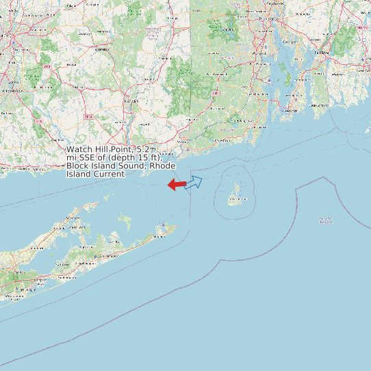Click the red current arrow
coord(177,184)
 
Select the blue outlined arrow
coord(194,182)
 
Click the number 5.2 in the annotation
coord(143,149)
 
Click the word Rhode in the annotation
coord(162,166)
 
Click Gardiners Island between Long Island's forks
coord(125,220)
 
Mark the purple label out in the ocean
coord(326,220)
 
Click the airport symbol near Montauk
coord(162,225)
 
